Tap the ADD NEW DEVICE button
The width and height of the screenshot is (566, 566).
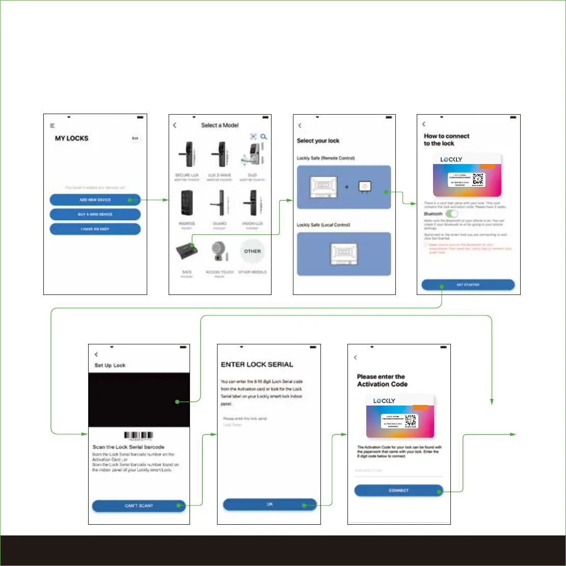pyautogui.click(x=95, y=200)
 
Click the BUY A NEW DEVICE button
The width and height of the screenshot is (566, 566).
pyautogui.click(x=95, y=214)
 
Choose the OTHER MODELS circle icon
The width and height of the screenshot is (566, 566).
pyautogui.click(x=252, y=252)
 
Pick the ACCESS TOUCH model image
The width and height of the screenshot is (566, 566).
pyautogui.click(x=220, y=252)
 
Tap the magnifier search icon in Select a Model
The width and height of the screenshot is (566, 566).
pyautogui.click(x=264, y=137)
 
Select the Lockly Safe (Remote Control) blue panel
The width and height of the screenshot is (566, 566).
pyautogui.click(x=344, y=187)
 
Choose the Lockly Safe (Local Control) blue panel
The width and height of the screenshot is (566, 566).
pyautogui.click(x=344, y=254)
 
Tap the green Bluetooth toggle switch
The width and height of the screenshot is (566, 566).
pyautogui.click(x=451, y=214)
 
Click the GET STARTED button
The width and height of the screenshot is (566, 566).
pyautogui.click(x=468, y=285)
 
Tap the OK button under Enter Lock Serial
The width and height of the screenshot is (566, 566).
pyautogui.click(x=270, y=504)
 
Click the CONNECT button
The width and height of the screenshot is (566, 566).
pyautogui.click(x=398, y=491)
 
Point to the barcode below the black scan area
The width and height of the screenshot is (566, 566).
pyautogui.click(x=139, y=436)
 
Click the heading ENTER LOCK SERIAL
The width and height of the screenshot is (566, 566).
pyautogui.click(x=257, y=365)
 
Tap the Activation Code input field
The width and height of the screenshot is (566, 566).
pyautogui.click(x=398, y=471)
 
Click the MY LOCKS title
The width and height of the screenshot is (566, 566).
pyautogui.click(x=71, y=139)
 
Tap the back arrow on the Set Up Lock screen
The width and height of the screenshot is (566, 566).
pyautogui.click(x=96, y=355)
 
